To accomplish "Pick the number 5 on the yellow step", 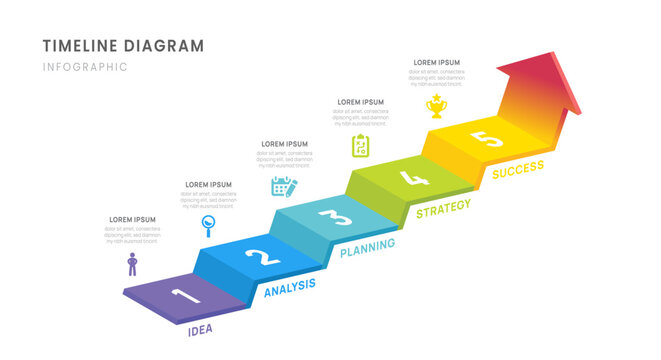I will (490, 140).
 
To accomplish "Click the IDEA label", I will (200, 329).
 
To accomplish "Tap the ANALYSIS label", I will (289, 288).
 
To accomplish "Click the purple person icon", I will (132, 264).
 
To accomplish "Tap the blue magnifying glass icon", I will (208, 224).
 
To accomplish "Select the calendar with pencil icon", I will (284, 185).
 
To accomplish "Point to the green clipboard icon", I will (360, 146).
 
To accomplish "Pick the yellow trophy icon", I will (436, 105).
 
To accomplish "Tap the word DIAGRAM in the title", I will (170, 46).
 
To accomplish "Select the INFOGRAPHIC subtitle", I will (85, 67).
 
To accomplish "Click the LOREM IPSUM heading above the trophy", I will (436, 62).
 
